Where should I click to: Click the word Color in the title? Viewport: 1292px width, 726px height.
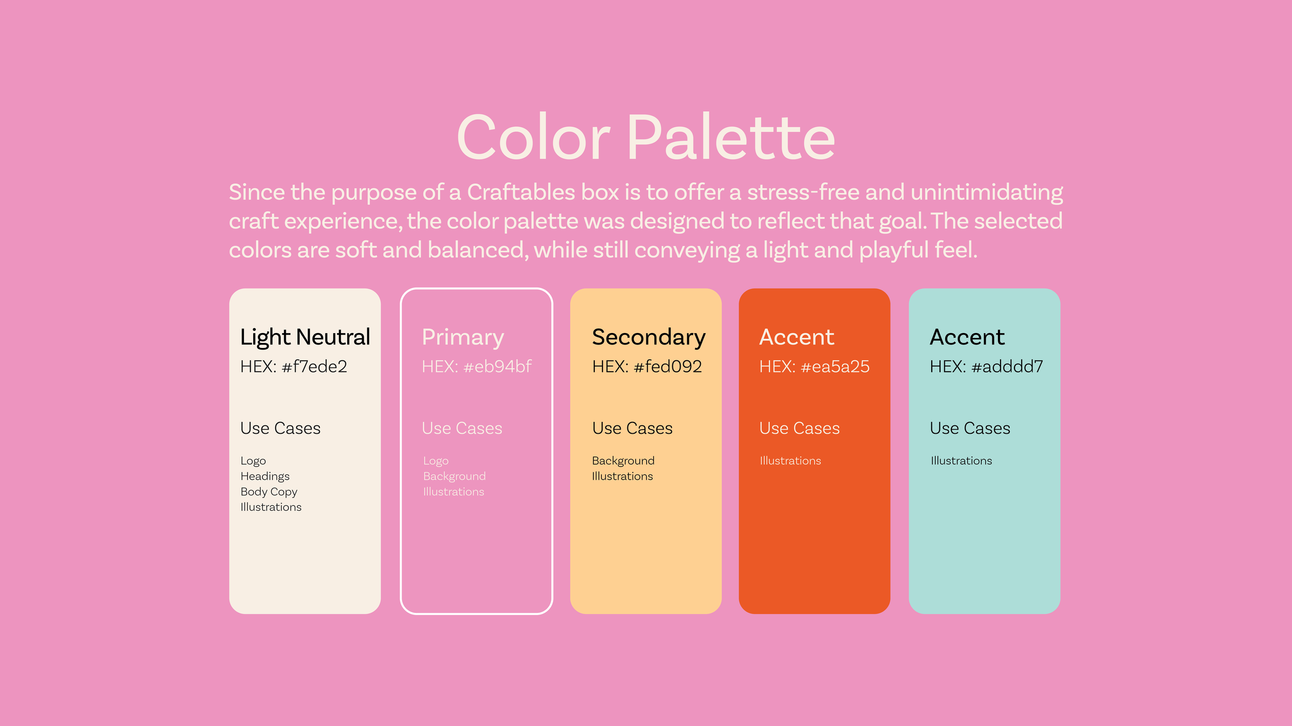(533, 138)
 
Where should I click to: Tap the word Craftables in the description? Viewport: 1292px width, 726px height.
(520, 193)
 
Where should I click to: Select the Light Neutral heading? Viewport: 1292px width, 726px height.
(305, 337)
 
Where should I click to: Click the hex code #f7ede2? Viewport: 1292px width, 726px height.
(314, 367)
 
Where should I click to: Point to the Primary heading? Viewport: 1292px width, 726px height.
(463, 337)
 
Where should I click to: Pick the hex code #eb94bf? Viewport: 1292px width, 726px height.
(497, 367)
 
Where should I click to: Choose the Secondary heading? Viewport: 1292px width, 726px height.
(649, 337)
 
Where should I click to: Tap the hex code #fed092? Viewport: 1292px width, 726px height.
(668, 367)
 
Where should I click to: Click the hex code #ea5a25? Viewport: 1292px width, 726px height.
(835, 367)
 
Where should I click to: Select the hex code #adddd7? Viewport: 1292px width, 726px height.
(1007, 367)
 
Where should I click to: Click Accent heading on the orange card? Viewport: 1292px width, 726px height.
(796, 337)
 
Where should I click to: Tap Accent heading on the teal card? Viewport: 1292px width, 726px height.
(967, 337)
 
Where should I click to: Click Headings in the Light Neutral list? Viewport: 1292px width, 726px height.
(265, 476)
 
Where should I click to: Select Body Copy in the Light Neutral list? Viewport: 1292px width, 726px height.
(269, 492)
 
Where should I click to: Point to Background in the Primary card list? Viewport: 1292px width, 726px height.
(454, 476)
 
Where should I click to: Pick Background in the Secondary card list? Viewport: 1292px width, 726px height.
(623, 461)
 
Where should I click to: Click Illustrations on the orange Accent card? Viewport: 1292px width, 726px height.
(790, 461)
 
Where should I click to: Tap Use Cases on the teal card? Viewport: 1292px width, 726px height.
(970, 428)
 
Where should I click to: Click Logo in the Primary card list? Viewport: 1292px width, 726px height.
(436, 461)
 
